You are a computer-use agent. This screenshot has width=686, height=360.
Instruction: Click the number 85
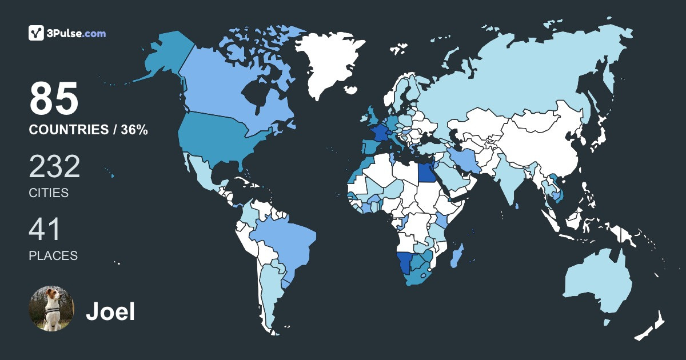click(54, 98)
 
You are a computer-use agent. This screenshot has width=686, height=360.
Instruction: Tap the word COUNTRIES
click(69, 130)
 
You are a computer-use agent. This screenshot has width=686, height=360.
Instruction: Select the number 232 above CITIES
click(54, 167)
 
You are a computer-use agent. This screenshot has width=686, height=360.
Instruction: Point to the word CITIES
click(49, 193)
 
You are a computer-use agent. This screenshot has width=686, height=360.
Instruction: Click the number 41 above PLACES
click(45, 230)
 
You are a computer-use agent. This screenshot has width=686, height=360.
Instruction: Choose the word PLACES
click(53, 256)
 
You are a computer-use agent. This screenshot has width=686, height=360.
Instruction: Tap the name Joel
click(110, 311)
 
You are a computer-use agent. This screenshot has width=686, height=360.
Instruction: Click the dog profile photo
click(51, 309)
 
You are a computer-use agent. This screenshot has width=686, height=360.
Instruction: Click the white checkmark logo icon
click(36, 33)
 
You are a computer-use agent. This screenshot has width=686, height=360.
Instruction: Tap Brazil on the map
click(286, 240)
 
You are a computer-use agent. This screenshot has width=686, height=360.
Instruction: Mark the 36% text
click(134, 130)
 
